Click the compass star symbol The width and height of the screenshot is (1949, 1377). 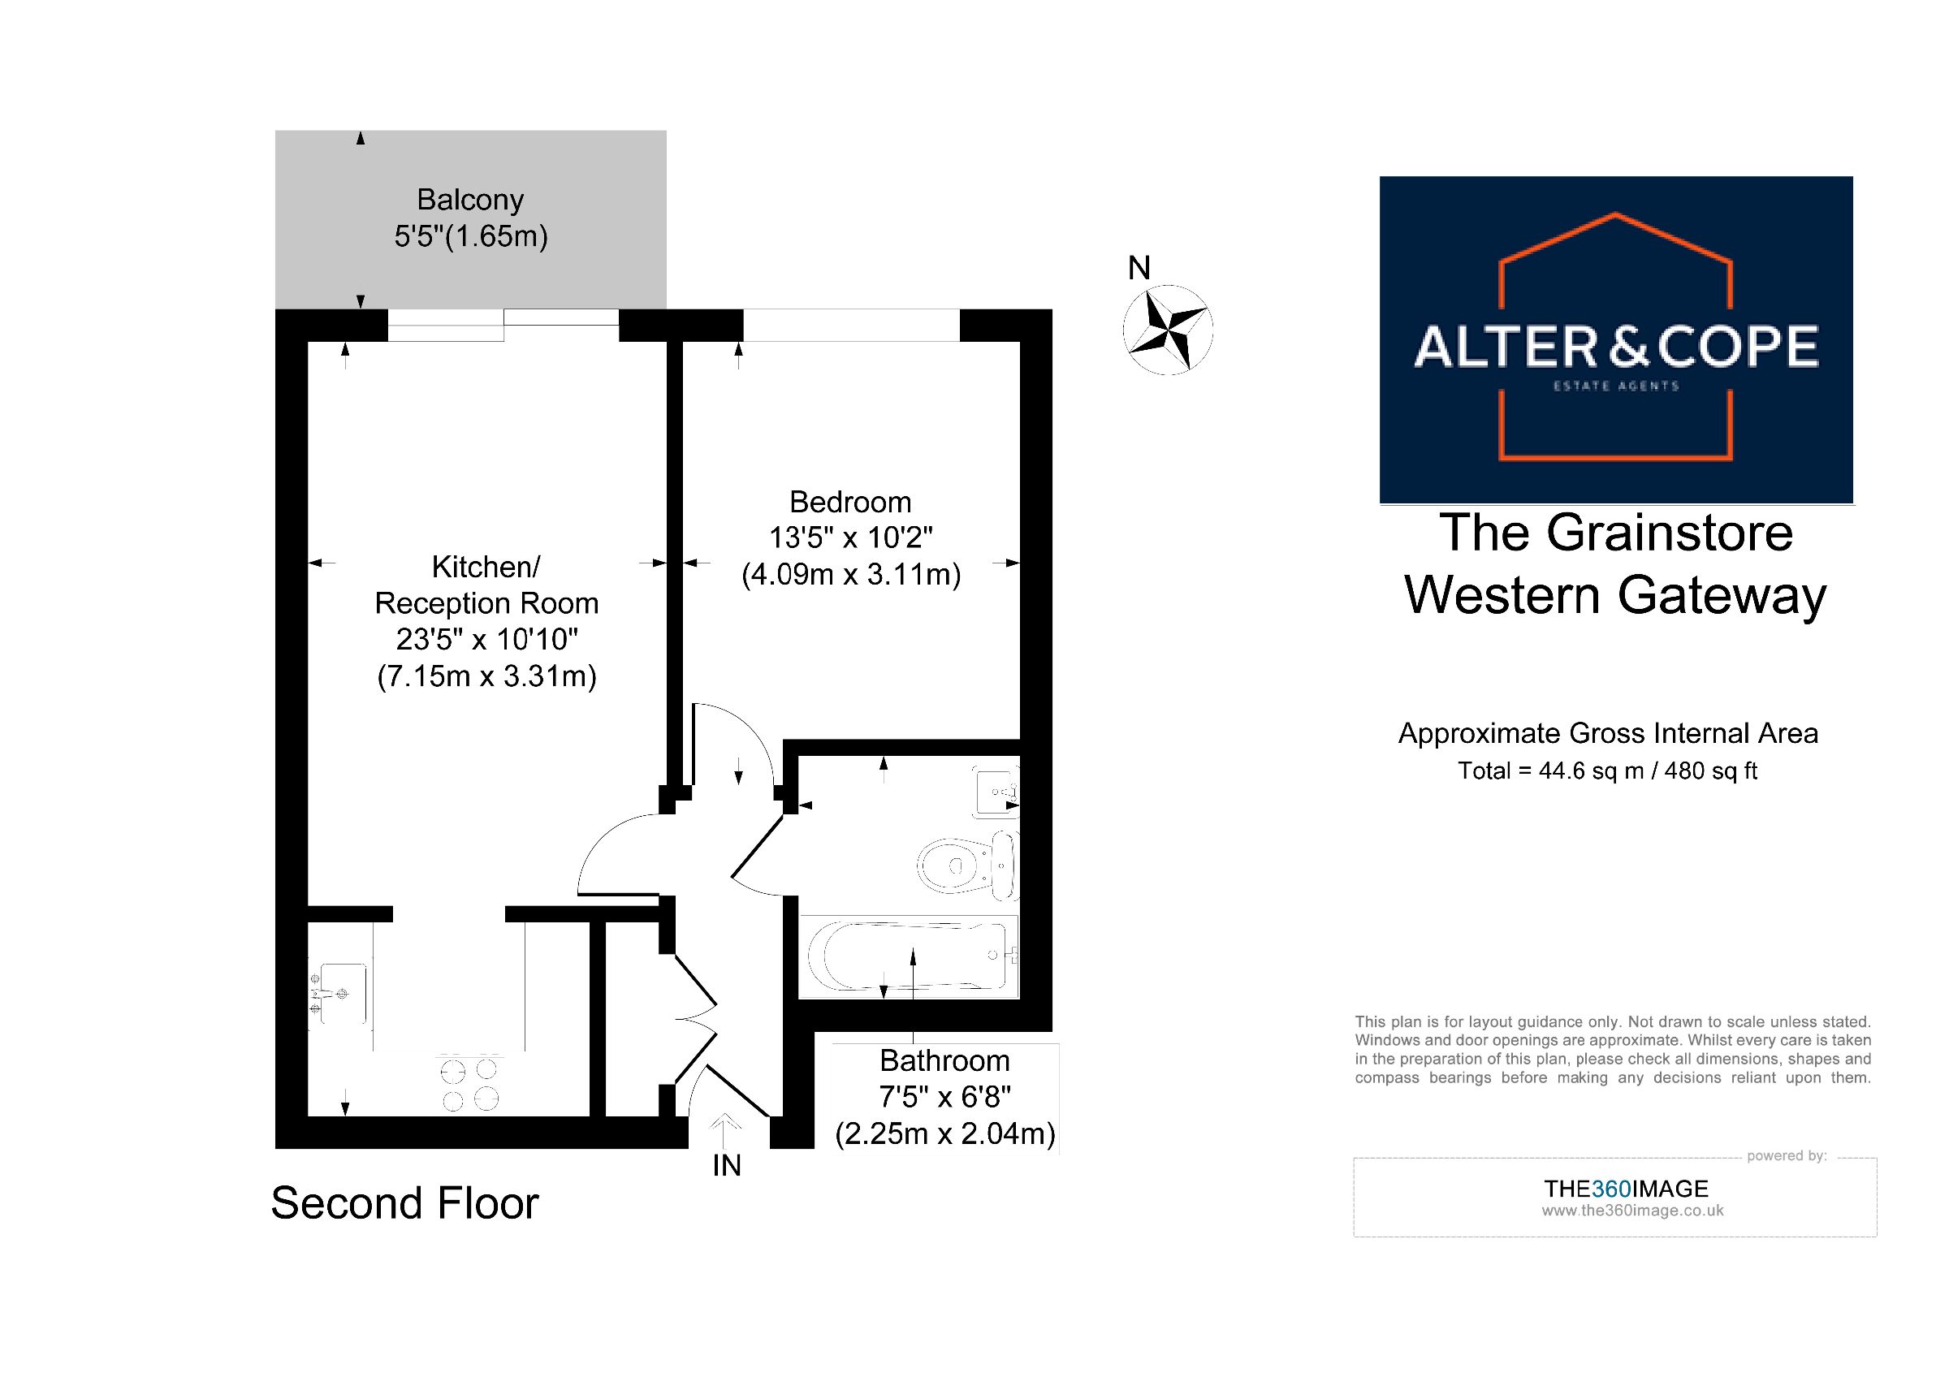pyautogui.click(x=1167, y=330)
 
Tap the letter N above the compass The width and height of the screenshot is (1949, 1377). pyautogui.click(x=1139, y=268)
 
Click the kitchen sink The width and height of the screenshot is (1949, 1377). pyautogui.click(x=339, y=993)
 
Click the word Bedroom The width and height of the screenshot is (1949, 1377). pyautogui.click(x=850, y=503)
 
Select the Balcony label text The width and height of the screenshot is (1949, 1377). pyautogui.click(x=470, y=200)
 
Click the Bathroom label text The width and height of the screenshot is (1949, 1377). pyautogui.click(x=944, y=1060)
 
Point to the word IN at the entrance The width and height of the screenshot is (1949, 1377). pyautogui.click(x=727, y=1166)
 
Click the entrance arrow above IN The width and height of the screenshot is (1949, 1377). pyautogui.click(x=726, y=1132)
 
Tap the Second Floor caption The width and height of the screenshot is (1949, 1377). pyautogui.click(x=405, y=1203)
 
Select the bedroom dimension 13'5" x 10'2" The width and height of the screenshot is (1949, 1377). pyautogui.click(x=850, y=538)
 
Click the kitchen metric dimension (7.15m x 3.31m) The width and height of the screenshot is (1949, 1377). pyautogui.click(x=486, y=676)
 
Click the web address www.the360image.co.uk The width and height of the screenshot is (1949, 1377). pyautogui.click(x=1632, y=1211)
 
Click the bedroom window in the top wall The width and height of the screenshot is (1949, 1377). pyautogui.click(x=851, y=325)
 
